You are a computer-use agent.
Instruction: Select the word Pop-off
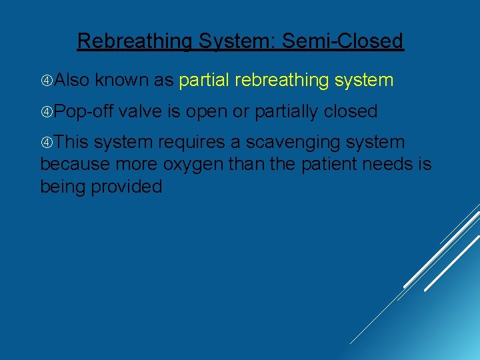click(x=83, y=111)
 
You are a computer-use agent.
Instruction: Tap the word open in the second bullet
click(x=206, y=111)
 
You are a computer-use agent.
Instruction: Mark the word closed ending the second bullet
click(x=351, y=111)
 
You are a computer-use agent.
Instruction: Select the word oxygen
click(x=185, y=164)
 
